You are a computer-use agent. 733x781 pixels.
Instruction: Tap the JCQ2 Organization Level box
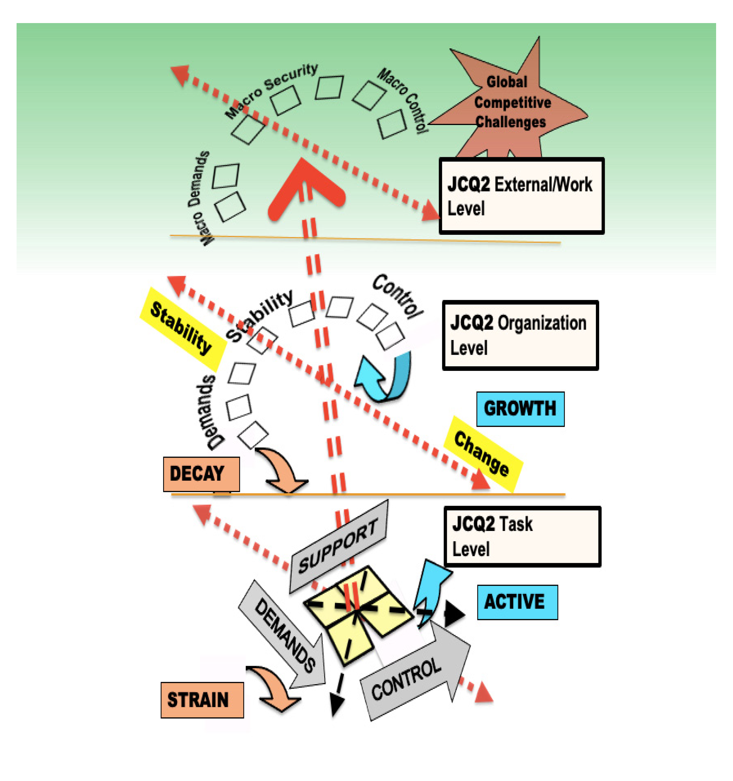(x=520, y=335)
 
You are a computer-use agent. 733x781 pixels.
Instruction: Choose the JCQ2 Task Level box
(x=522, y=536)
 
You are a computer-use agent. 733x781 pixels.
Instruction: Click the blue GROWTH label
(x=520, y=409)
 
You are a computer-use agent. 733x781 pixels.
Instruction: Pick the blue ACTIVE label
(x=517, y=602)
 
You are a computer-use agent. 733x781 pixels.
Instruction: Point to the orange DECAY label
(x=201, y=474)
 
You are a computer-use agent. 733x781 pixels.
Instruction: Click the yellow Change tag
(x=482, y=454)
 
